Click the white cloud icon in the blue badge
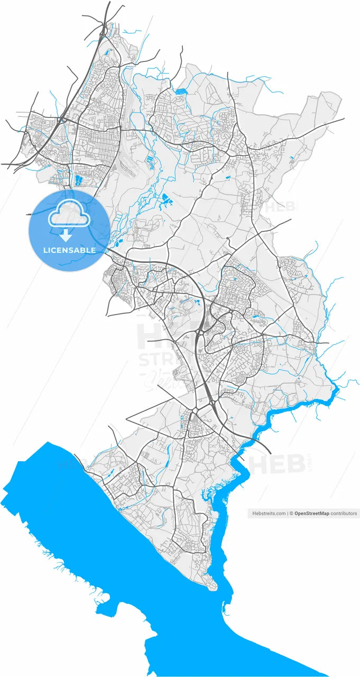pyautogui.click(x=69, y=214)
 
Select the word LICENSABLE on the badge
pyautogui.click(x=69, y=250)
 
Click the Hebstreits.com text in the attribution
pyautogui.click(x=269, y=513)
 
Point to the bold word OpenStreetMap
pyautogui.click(x=312, y=513)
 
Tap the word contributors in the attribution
pyautogui.click(x=344, y=513)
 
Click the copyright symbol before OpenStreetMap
pyautogui.click(x=291, y=513)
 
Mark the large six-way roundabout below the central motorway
pyautogui.click(x=195, y=411)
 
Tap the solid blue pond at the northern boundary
pyautogui.click(x=181, y=91)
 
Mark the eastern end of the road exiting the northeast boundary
pyautogui.click(x=344, y=119)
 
